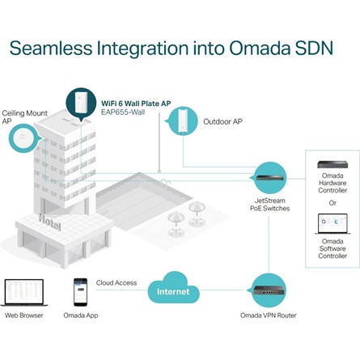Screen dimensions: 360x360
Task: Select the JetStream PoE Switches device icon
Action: tap(269, 178)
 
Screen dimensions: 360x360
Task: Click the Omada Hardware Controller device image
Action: tap(332, 164)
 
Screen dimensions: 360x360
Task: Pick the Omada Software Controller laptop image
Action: tap(332, 224)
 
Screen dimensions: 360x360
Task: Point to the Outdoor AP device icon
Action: tap(182, 121)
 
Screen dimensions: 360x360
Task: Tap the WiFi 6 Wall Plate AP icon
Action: tap(81, 104)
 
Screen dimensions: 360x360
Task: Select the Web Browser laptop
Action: tap(24, 293)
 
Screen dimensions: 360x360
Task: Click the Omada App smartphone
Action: tap(80, 292)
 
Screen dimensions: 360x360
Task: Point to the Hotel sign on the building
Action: tap(49, 222)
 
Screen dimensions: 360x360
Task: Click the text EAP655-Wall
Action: tap(123, 112)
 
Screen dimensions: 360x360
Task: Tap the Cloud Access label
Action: tap(116, 282)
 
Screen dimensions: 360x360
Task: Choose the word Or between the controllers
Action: tap(332, 202)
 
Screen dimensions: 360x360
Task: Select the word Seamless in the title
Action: tap(51, 48)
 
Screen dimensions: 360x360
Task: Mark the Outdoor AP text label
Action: tap(222, 121)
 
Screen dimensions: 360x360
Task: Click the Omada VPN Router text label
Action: tap(269, 316)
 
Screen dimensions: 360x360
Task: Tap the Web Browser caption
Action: tap(24, 316)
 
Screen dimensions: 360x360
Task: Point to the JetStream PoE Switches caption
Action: tap(269, 205)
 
